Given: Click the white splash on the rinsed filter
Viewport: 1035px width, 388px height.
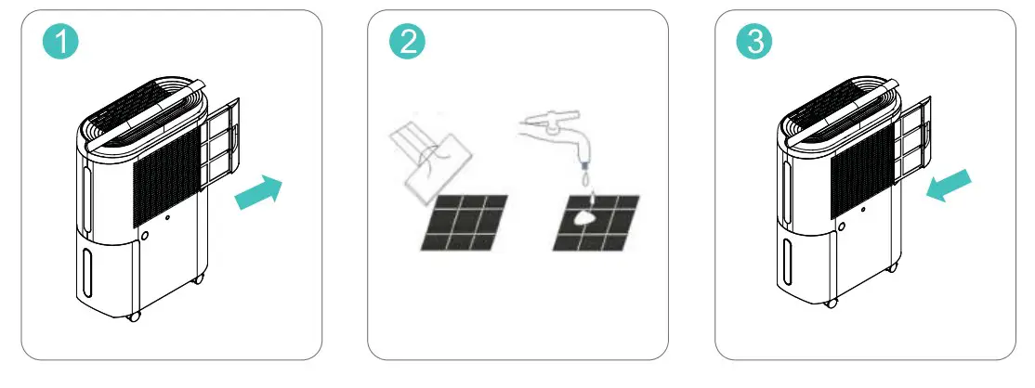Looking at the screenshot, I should coord(586,215).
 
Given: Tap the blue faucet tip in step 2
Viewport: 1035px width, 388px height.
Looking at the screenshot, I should coord(584,165).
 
